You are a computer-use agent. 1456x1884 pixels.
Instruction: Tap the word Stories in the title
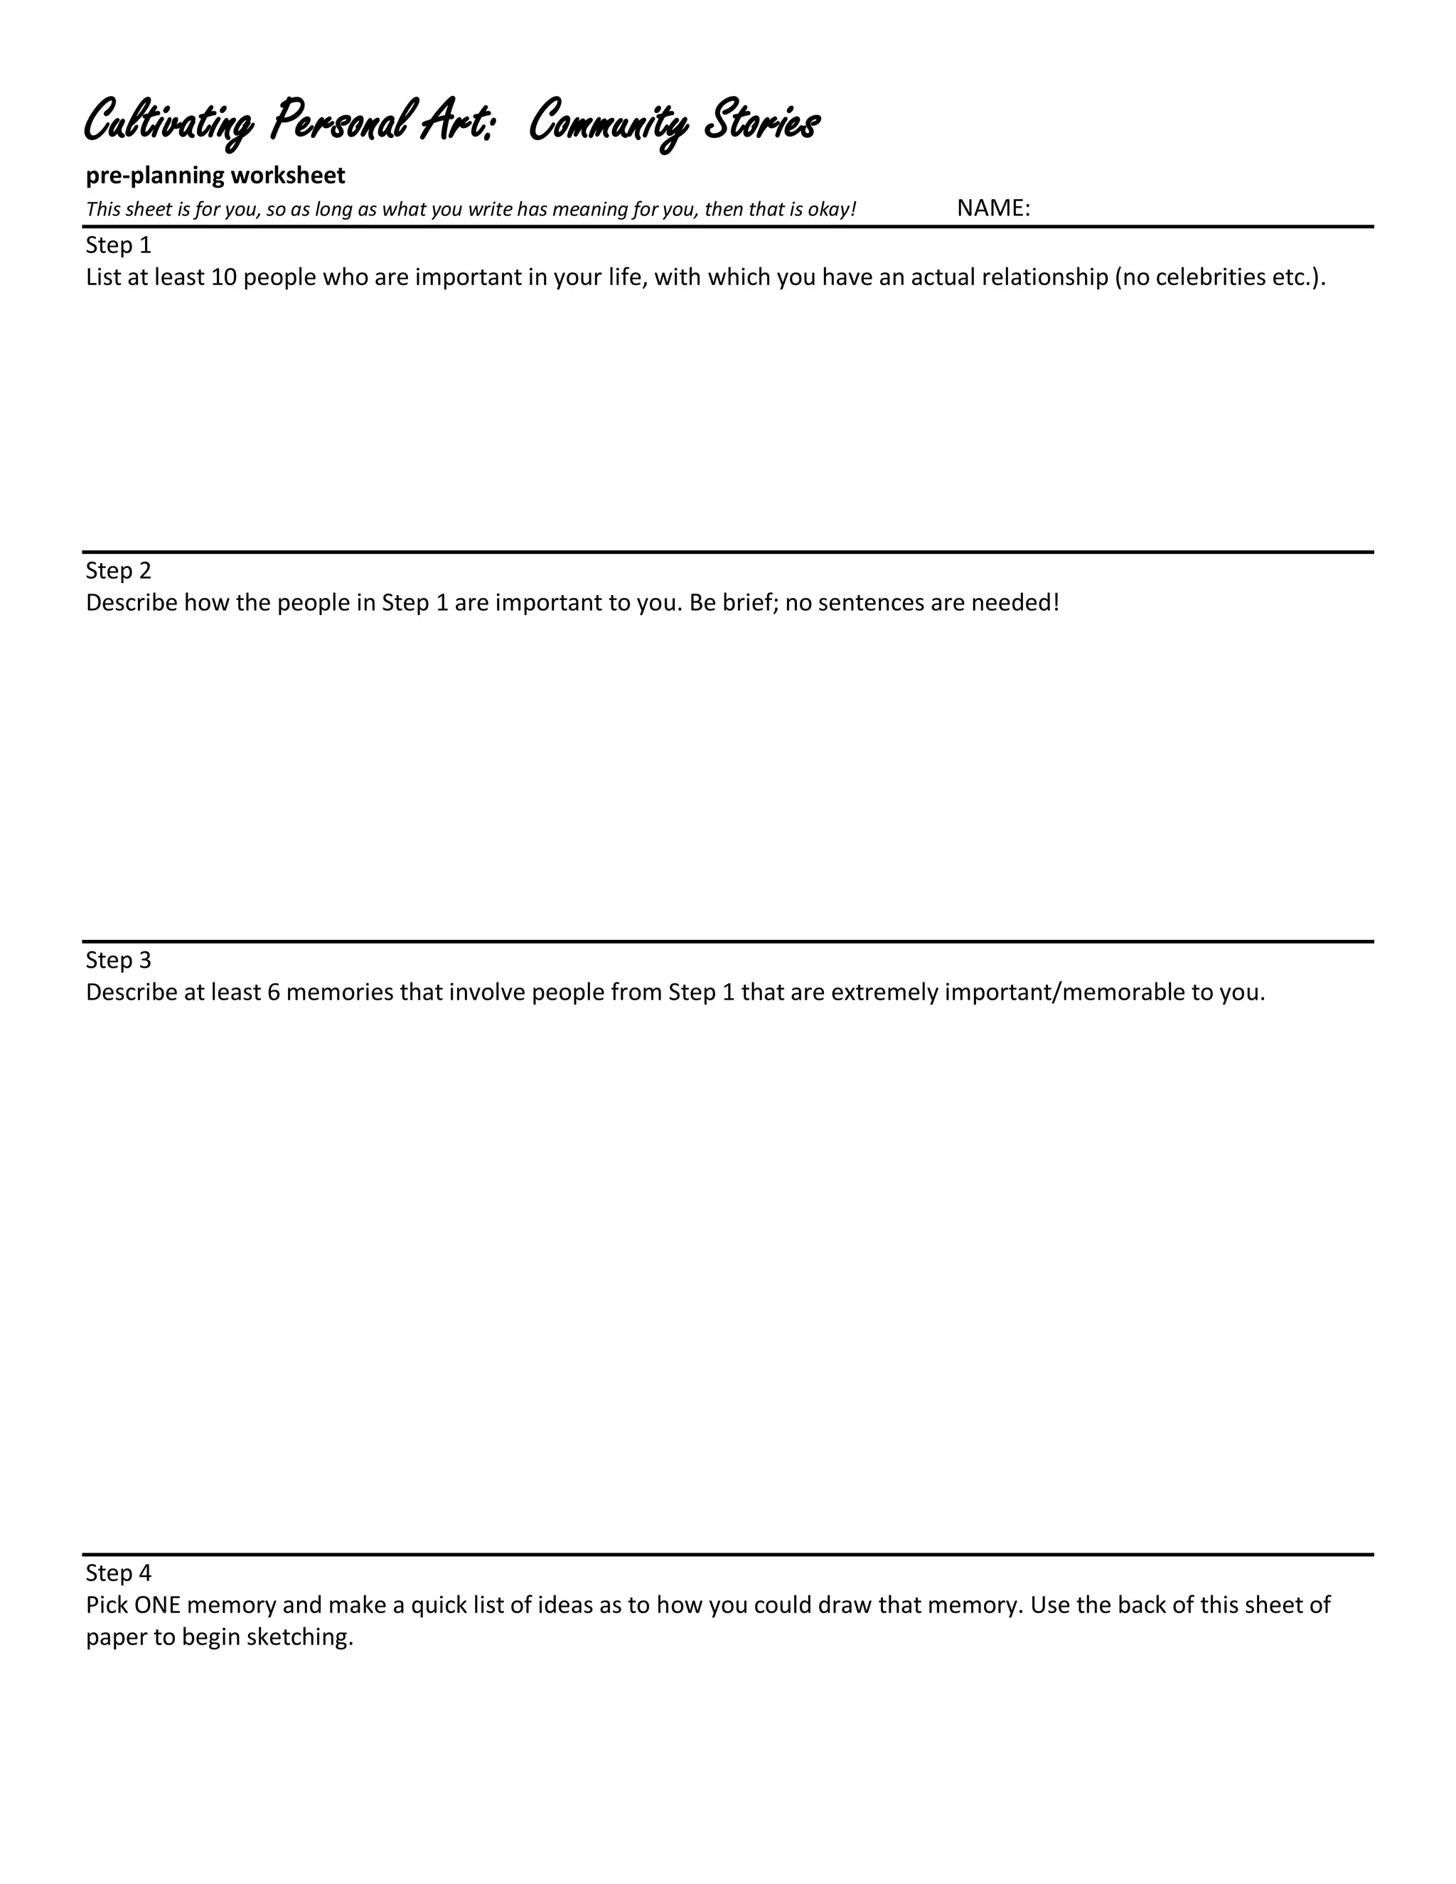coord(761,121)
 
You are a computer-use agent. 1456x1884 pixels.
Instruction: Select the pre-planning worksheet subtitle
coord(215,175)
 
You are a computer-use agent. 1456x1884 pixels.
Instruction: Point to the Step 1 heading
coord(118,246)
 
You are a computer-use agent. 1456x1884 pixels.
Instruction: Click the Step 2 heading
coord(118,571)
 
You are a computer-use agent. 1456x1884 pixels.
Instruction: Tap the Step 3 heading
coord(118,960)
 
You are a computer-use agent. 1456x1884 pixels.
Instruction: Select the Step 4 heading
coord(118,1573)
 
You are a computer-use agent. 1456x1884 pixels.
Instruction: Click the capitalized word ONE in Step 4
coord(157,1605)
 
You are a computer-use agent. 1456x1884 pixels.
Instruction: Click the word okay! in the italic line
coord(832,210)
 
